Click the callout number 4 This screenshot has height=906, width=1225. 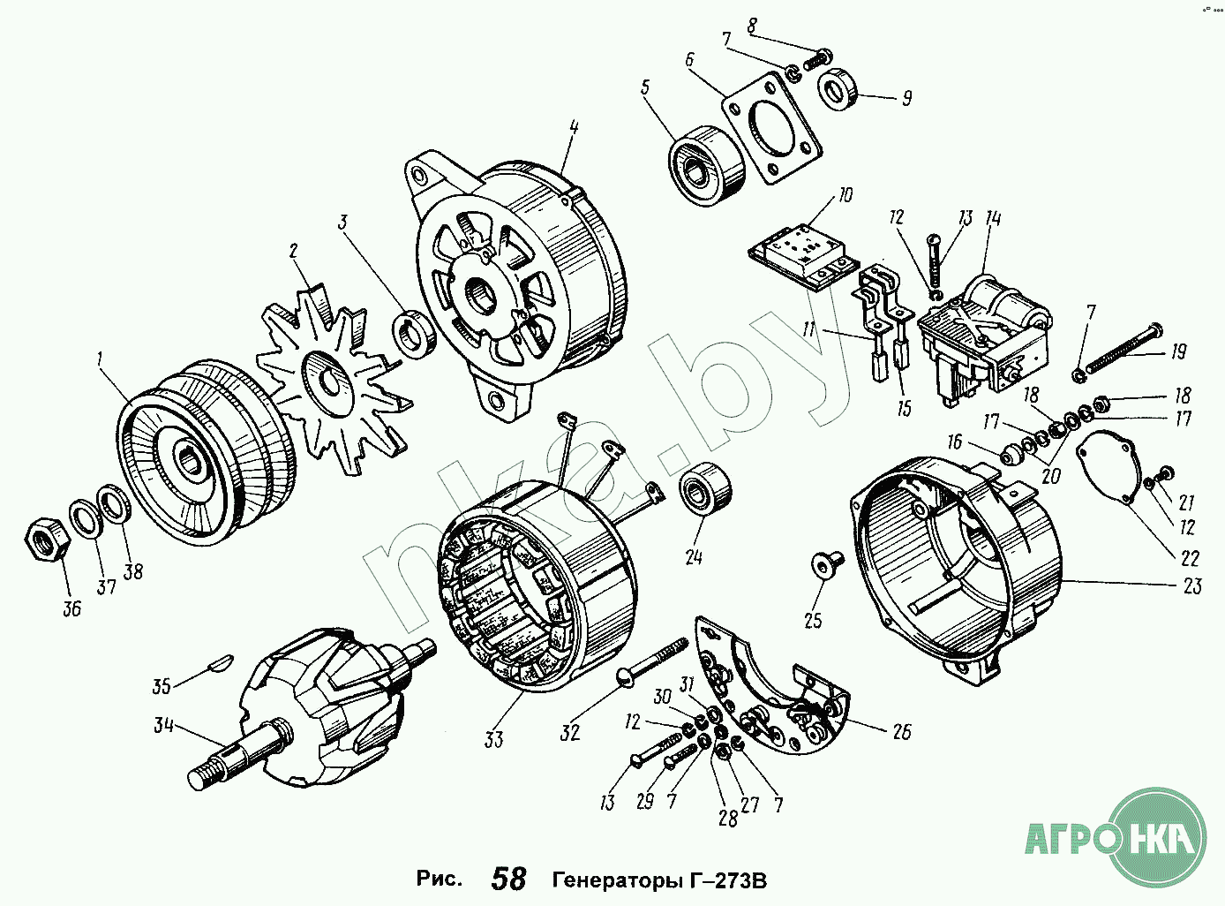click(x=574, y=128)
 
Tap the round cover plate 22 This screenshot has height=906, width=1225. click(x=1107, y=465)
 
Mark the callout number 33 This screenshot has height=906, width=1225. click(x=493, y=737)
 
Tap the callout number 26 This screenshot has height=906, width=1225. click(x=901, y=731)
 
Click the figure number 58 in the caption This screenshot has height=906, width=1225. click(x=508, y=880)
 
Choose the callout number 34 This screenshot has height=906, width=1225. click(x=164, y=726)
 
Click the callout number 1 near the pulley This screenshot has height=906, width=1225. click(x=101, y=359)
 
